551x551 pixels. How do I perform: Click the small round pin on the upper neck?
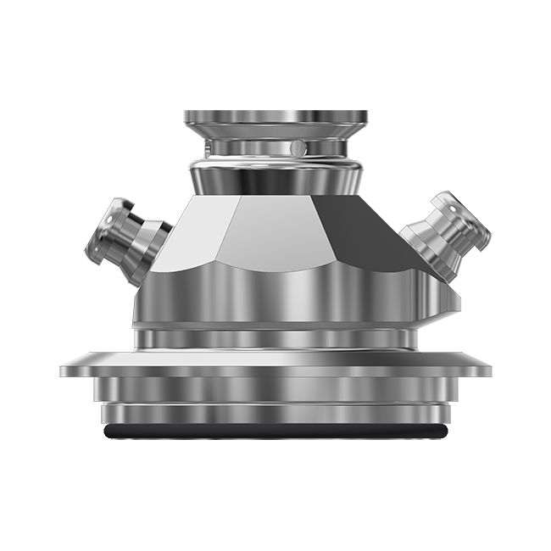coord(295,147)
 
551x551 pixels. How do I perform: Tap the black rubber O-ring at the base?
coord(275,431)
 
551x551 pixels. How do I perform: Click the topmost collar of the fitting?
coord(275,116)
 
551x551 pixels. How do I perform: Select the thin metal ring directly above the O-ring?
coord(275,415)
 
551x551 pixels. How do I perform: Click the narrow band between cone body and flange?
coord(275,339)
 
